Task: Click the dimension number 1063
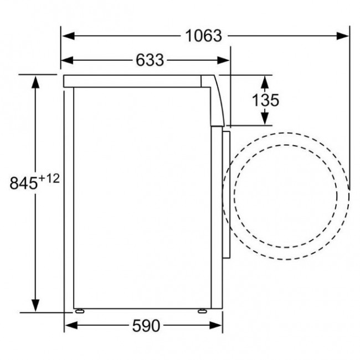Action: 203,36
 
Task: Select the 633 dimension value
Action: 150,60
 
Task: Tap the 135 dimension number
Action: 265,100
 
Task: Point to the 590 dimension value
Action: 146,326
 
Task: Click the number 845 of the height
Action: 23,183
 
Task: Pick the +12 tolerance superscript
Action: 49,178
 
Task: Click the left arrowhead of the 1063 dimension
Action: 68,36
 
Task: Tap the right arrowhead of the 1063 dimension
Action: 342,36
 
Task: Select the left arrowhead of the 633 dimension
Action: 67,60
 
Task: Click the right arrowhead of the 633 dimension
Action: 223,60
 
